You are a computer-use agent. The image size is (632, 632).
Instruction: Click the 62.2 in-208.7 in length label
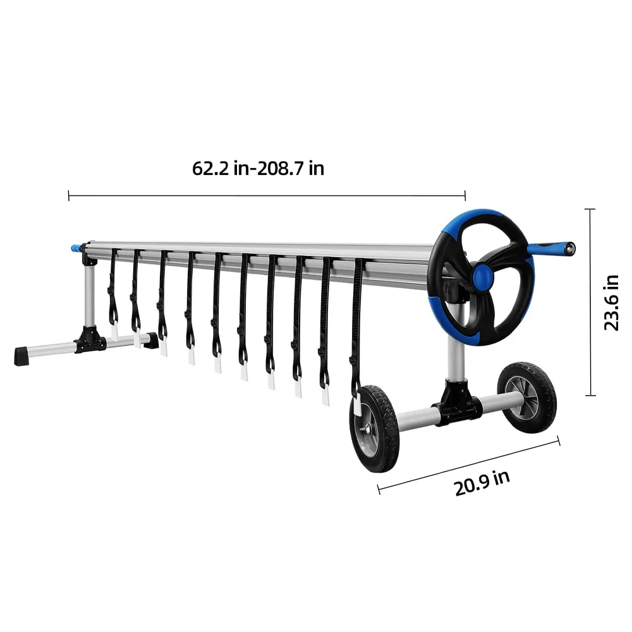[258, 169]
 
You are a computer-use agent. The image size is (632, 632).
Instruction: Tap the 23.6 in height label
[611, 302]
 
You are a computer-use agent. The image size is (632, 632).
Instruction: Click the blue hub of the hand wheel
[482, 276]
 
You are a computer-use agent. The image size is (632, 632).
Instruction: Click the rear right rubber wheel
[527, 396]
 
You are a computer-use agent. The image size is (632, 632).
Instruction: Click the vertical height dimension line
[590, 302]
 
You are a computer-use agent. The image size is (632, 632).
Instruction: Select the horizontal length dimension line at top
[266, 196]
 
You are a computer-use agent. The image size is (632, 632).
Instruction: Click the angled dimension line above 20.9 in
[468, 465]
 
